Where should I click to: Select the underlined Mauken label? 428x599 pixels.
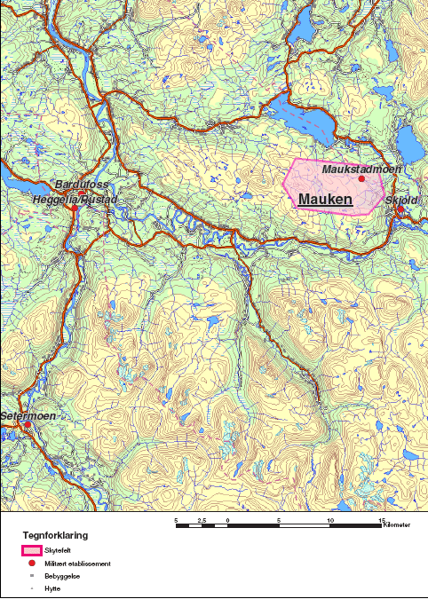click(325, 201)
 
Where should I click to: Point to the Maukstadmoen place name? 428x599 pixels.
click(362, 169)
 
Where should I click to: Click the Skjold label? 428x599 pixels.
click(401, 201)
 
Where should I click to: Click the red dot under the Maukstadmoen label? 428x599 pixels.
click(361, 179)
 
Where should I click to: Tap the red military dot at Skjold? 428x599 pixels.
click(400, 210)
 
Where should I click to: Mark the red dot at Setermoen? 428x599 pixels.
click(28, 425)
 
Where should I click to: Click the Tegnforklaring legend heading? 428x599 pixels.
click(55, 536)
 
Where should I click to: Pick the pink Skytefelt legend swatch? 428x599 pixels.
click(32, 551)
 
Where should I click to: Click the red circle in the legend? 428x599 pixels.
click(32, 564)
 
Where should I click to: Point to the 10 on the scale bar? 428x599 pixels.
click(331, 519)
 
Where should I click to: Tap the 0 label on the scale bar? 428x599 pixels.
click(228, 519)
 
